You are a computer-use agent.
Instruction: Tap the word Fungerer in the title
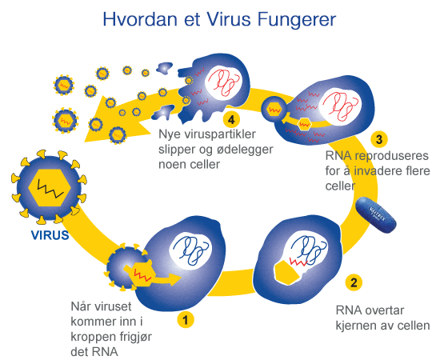click(293, 18)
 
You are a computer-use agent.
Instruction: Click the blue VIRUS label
click(50, 236)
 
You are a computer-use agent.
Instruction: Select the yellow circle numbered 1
click(186, 319)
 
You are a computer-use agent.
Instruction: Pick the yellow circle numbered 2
click(352, 282)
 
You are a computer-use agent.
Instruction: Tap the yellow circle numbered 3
click(380, 137)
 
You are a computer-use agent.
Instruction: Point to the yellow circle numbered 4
click(232, 120)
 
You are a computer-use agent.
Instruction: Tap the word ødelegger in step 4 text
click(219, 150)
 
